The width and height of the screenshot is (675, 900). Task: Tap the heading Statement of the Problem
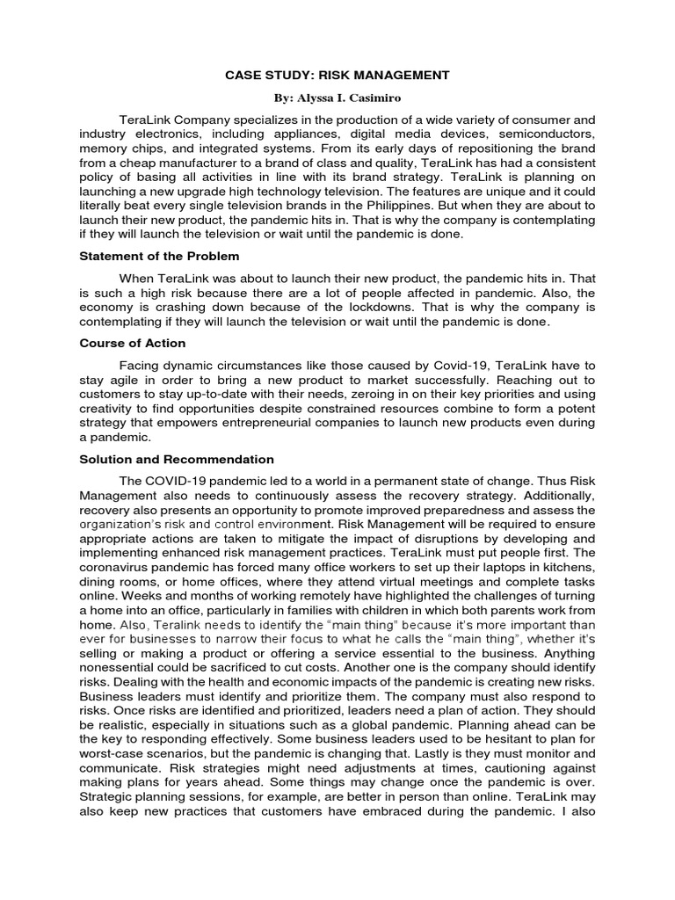coord(159,256)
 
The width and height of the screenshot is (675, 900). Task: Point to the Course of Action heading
coord(132,343)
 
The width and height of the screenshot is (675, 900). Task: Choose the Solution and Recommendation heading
coord(177,459)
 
